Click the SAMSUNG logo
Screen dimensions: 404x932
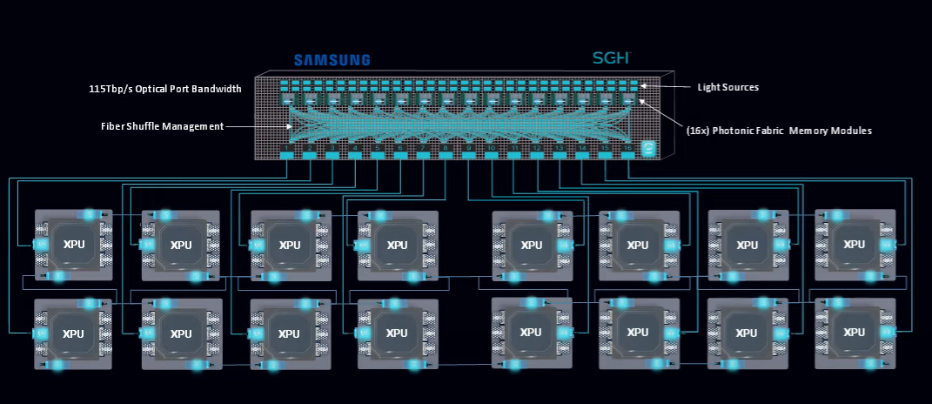332,60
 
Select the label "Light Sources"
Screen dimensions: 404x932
727,87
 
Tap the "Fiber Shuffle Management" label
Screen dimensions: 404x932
162,126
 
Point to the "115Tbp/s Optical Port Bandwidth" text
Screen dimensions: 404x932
164,89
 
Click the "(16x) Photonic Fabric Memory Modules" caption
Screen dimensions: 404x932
779,130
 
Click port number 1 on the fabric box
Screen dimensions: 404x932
287,155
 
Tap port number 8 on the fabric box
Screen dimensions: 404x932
446,155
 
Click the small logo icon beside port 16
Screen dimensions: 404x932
647,149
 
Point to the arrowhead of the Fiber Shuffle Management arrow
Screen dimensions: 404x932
290,126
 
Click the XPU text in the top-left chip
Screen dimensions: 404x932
73,245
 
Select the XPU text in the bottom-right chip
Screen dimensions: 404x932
855,333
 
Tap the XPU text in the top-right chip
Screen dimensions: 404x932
855,245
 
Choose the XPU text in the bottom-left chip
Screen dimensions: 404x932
73,333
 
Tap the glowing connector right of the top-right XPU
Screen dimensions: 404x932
887,245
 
